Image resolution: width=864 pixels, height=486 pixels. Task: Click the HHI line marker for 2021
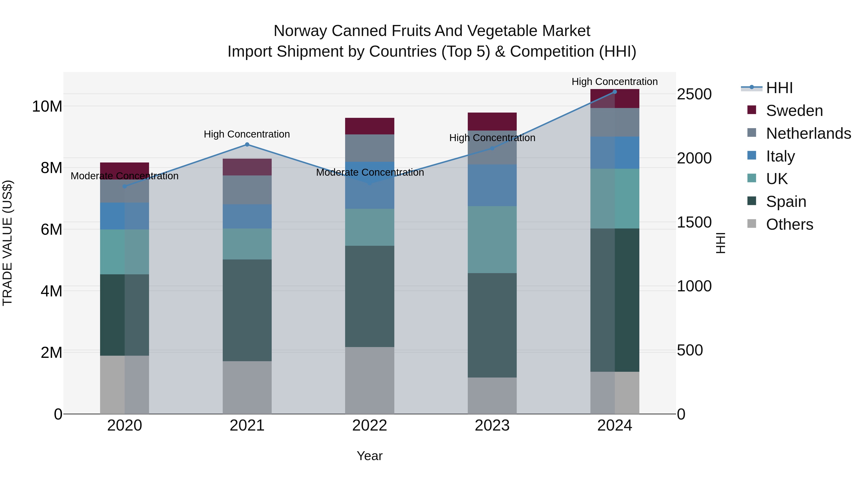tap(247, 144)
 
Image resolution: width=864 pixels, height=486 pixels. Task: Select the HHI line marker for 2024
tap(614, 92)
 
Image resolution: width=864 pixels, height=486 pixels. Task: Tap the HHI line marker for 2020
tap(124, 186)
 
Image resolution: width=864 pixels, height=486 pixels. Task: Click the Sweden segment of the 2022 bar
tap(370, 126)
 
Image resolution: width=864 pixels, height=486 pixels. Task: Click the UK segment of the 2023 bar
tap(492, 240)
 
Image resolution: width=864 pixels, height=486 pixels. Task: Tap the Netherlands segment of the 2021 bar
tap(247, 190)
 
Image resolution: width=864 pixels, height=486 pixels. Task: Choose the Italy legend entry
tap(780, 156)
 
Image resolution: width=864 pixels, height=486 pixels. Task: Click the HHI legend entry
tap(779, 88)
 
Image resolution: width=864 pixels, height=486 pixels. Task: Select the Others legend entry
tap(789, 224)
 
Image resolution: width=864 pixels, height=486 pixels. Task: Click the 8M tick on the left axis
tap(51, 168)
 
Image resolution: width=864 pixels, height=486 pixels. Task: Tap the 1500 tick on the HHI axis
tap(694, 222)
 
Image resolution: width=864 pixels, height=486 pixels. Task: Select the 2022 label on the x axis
tap(370, 426)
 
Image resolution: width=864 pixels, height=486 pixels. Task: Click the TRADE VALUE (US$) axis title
tap(7, 243)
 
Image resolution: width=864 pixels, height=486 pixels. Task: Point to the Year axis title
tap(370, 456)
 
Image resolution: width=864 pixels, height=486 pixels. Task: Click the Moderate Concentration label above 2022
tap(370, 172)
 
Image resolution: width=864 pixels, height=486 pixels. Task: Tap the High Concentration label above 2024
tap(614, 82)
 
